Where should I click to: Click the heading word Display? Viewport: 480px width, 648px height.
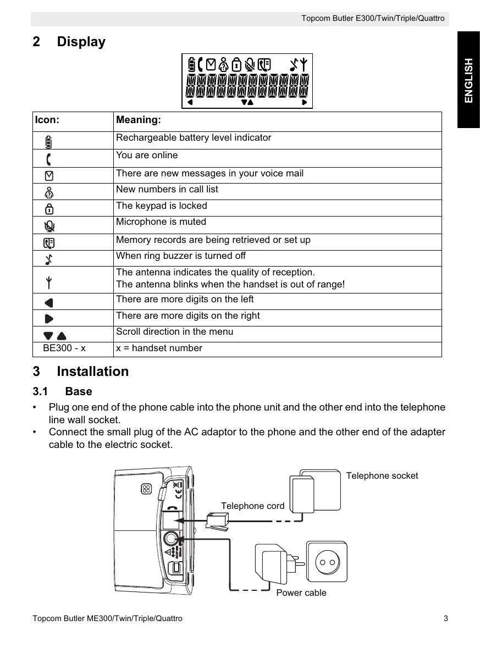81,42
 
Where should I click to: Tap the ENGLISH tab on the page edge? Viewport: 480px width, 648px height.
468,80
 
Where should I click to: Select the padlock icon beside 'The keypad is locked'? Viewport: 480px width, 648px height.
49,208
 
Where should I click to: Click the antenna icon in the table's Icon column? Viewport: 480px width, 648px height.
49,283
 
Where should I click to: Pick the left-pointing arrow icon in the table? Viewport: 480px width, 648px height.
49,302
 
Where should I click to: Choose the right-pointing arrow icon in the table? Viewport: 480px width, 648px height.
49,318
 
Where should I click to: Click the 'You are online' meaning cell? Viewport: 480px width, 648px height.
147,156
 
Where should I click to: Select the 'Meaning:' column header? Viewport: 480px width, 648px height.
139,119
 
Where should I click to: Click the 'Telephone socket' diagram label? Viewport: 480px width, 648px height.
382,476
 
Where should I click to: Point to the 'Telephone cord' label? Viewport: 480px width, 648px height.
252,506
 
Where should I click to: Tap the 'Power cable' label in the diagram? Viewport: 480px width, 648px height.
301,592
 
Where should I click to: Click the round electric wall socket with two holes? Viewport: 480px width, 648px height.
328,562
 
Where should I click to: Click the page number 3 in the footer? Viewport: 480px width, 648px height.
445,618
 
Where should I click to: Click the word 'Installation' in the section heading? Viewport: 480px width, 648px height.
92,372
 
